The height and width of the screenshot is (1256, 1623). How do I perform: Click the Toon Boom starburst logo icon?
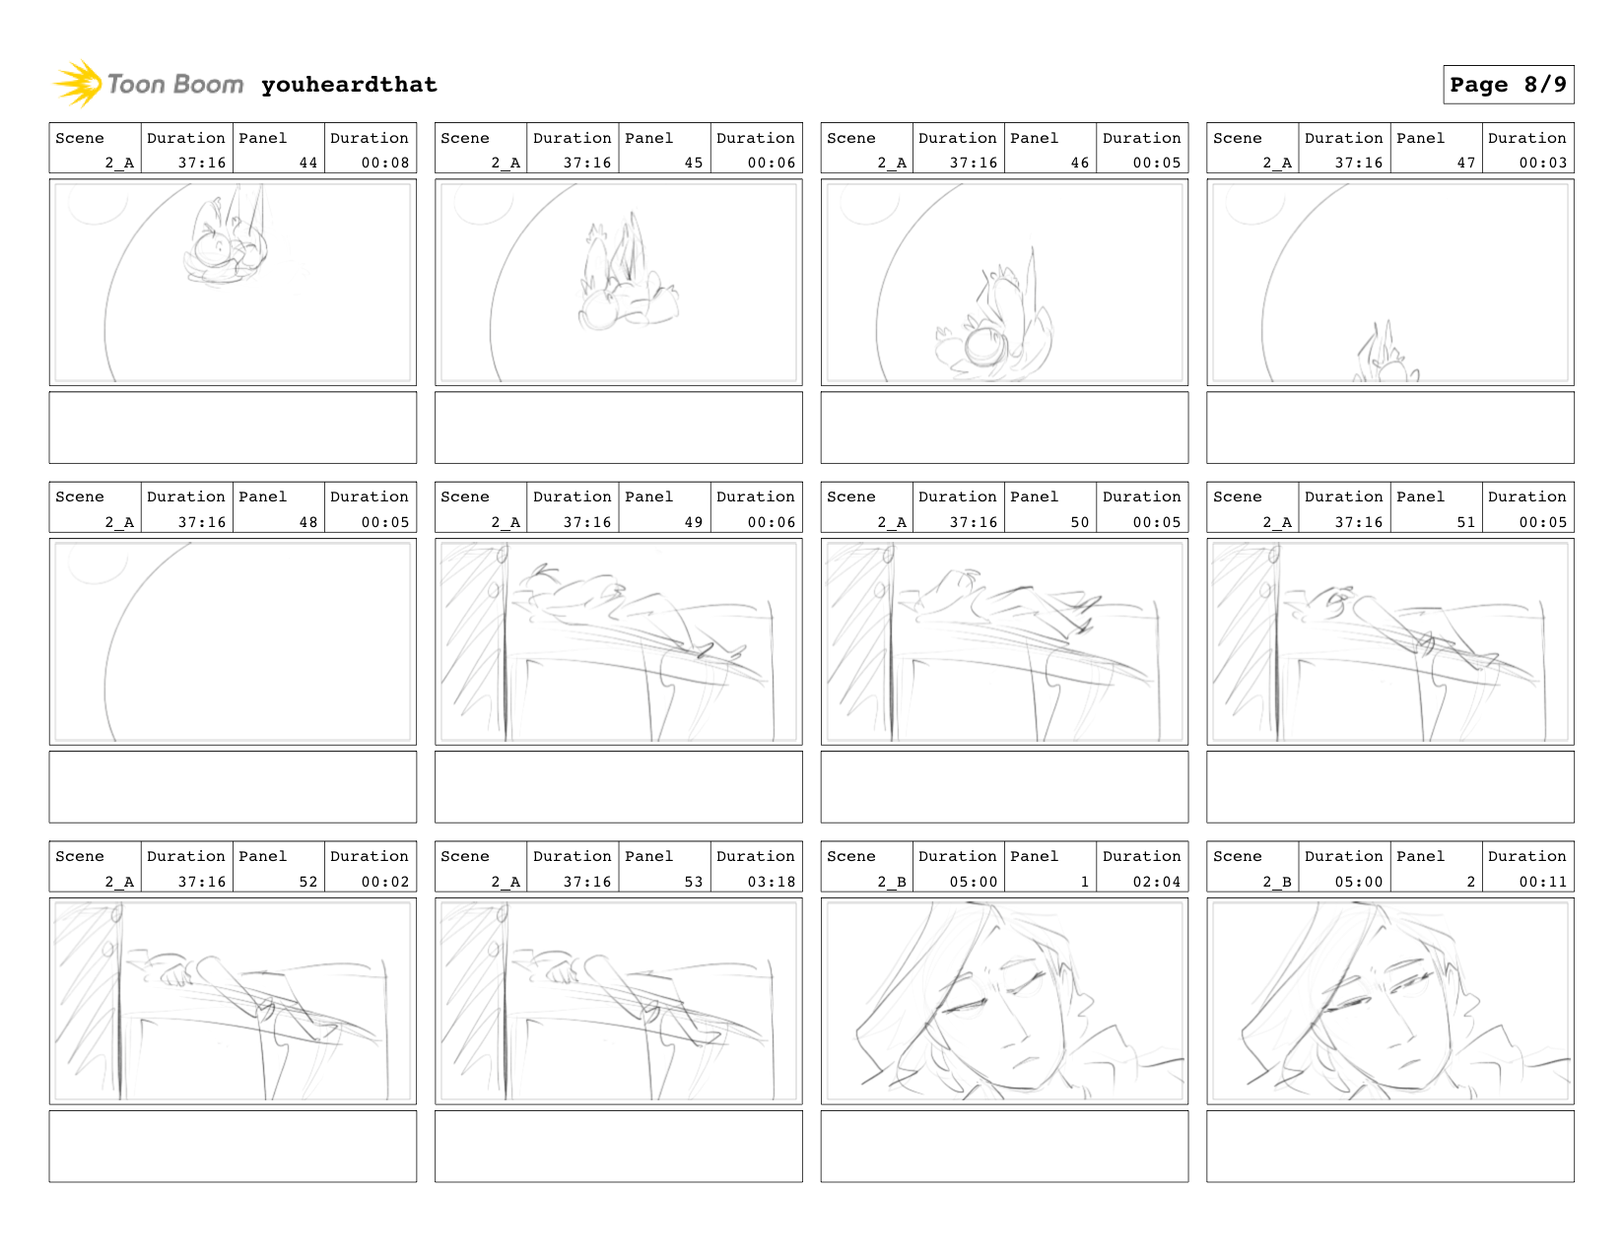[77, 84]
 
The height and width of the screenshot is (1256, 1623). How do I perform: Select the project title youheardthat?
[349, 85]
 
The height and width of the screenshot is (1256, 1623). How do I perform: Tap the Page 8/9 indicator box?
[1508, 85]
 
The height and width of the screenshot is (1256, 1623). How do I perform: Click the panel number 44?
[307, 163]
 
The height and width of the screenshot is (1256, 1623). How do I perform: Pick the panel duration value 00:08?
[384, 163]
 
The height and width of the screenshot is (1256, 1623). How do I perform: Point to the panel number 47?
[1465, 163]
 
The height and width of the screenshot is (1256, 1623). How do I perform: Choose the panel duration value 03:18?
[771, 882]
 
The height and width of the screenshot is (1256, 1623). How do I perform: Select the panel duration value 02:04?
[1156, 882]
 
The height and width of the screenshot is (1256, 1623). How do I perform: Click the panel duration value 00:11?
[1542, 882]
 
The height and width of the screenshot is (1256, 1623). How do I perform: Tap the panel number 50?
[1079, 522]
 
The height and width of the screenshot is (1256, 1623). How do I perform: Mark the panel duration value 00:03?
[1542, 163]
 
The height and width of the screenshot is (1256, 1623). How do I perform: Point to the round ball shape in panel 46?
[985, 346]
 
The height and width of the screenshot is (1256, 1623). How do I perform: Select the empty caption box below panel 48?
[233, 786]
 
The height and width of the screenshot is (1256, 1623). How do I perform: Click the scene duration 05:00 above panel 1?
[974, 882]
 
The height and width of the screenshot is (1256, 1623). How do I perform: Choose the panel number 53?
[693, 882]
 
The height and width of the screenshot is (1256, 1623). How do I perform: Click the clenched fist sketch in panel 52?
[177, 973]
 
